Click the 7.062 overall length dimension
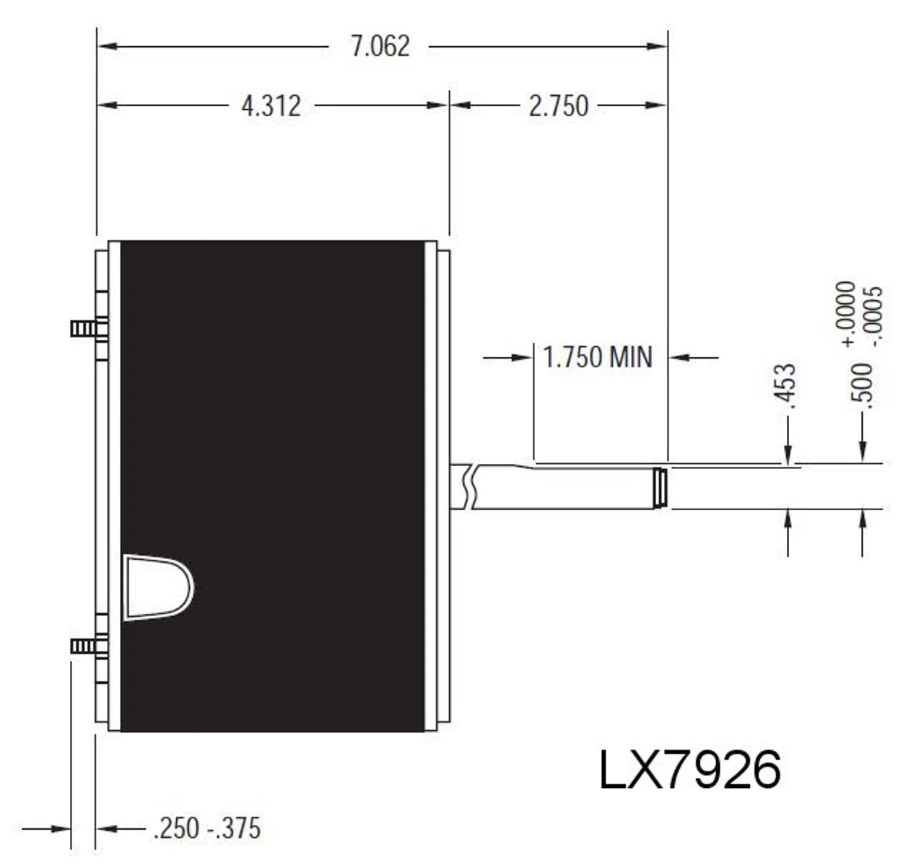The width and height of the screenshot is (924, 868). coord(380,46)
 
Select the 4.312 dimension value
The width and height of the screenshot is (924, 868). coord(271,106)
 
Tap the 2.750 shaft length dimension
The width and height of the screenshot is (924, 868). coord(558,106)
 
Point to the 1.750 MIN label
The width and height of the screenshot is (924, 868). coord(597,357)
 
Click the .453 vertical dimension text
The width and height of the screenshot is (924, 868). coord(788,387)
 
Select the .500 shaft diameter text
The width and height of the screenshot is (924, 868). coord(863,387)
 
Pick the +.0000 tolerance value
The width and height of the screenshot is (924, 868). coord(847,313)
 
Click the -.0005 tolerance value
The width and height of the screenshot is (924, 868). coord(874,315)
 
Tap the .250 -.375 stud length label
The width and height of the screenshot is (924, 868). coord(206,828)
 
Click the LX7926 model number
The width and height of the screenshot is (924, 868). coord(689,770)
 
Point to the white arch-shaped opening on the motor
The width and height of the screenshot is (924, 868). coord(157,587)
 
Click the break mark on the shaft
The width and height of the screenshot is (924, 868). coord(470,487)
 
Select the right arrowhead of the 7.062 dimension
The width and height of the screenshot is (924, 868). coord(657,46)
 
